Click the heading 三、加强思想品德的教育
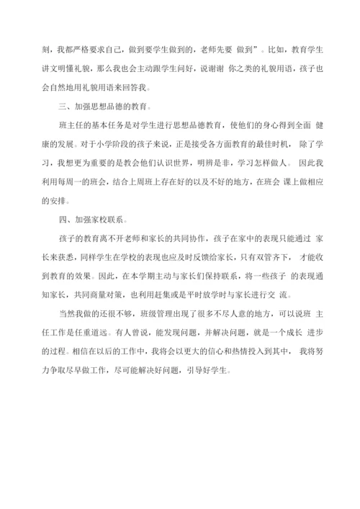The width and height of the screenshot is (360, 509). [x=104, y=107]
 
